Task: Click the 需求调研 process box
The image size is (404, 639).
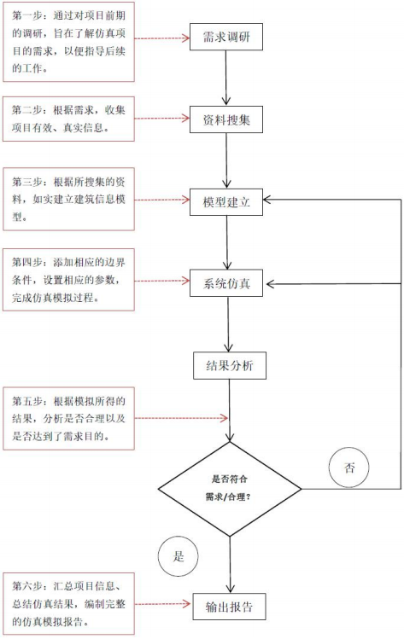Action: (226, 37)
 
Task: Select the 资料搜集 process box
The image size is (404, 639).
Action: (226, 119)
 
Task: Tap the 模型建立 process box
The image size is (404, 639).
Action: (226, 201)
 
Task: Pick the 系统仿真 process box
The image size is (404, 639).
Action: (226, 283)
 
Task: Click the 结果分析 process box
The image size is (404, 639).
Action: (230, 365)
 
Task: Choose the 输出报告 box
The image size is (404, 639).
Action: (230, 607)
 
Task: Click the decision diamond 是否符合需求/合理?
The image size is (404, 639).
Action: (230, 489)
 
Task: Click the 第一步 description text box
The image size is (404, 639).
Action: (68, 43)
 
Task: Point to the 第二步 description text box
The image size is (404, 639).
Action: (68, 119)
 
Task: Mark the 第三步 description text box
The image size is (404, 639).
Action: (68, 200)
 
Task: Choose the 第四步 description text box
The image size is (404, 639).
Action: (68, 280)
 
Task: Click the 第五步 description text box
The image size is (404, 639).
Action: (68, 419)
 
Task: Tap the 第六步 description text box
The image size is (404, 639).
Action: (68, 604)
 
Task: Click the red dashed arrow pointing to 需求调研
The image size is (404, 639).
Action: (162, 38)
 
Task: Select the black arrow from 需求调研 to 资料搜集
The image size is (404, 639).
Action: (226, 78)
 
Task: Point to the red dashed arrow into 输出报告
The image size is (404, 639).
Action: (163, 604)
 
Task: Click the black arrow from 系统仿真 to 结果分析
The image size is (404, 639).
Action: (228, 324)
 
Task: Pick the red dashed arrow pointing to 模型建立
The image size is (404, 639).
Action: (162, 200)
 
